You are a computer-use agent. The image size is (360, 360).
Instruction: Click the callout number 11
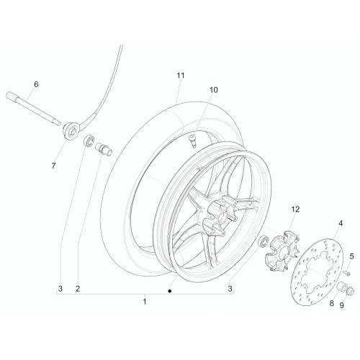(x=181, y=76)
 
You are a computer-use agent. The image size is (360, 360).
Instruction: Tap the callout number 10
(x=214, y=90)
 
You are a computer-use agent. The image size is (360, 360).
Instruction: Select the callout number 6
(x=36, y=84)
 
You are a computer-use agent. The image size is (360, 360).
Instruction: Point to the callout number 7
(x=53, y=166)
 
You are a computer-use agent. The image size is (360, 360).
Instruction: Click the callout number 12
(x=295, y=210)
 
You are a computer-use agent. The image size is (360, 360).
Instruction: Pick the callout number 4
(x=341, y=223)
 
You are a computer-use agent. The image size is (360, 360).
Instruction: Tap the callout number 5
(x=351, y=256)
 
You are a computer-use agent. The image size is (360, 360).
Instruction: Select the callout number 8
(x=331, y=303)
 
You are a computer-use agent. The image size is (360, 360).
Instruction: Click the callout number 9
(x=341, y=305)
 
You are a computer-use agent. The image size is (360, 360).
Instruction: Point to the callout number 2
(x=78, y=289)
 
